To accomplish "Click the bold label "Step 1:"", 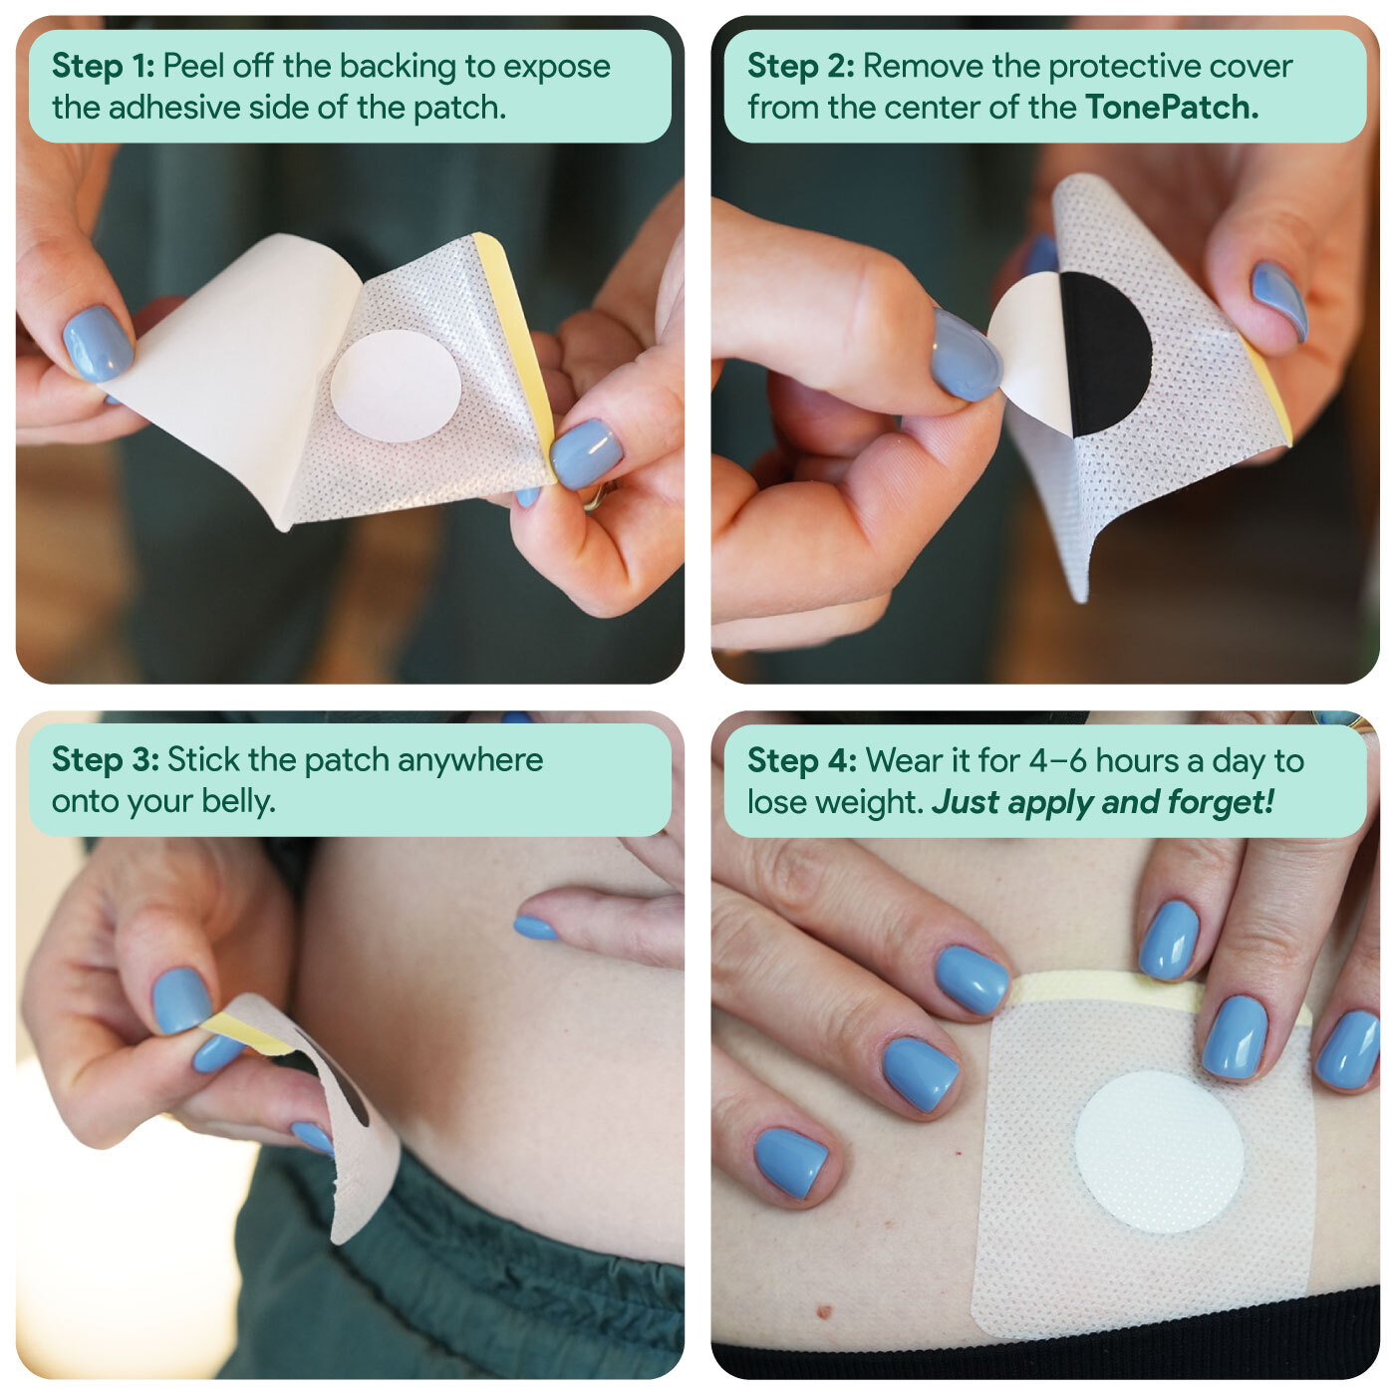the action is coord(103,66).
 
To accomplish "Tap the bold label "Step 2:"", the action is coord(801,66).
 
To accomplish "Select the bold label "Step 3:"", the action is coord(105,760).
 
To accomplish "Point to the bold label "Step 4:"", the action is coord(802,760).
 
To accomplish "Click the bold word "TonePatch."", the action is coord(1172,108).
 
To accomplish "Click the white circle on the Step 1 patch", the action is coord(396,386).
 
